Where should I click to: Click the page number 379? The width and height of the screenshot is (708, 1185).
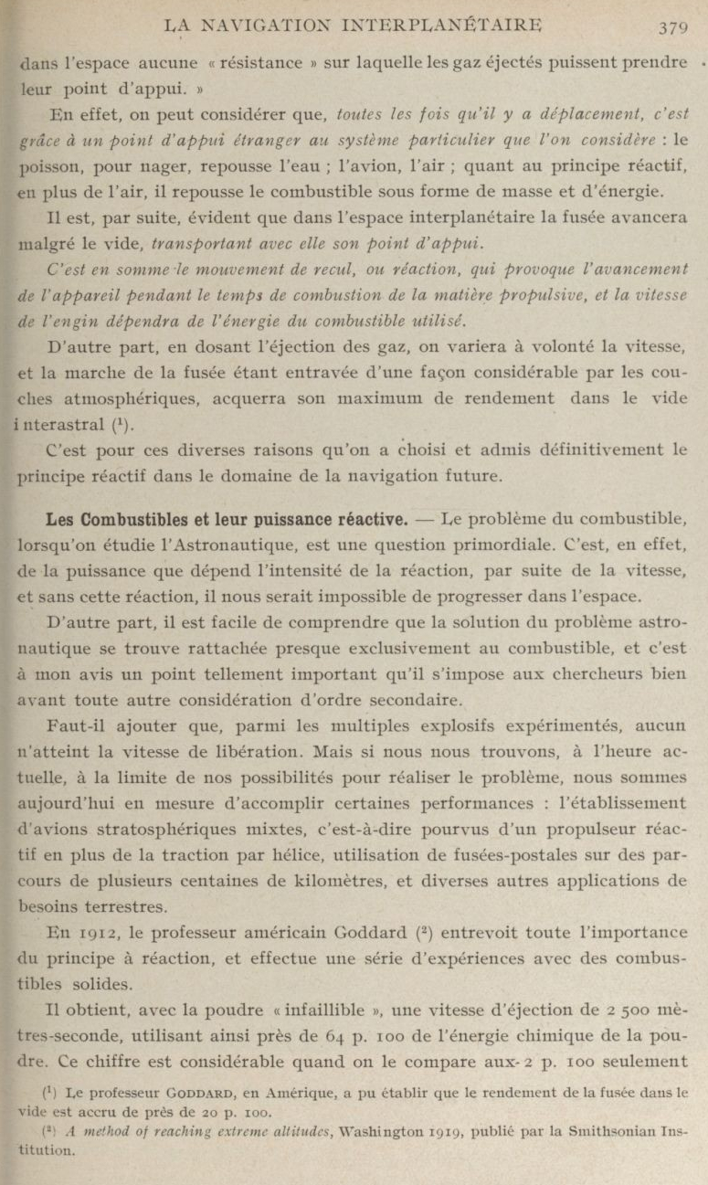click(x=671, y=26)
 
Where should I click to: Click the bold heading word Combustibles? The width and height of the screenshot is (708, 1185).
click(x=122, y=519)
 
